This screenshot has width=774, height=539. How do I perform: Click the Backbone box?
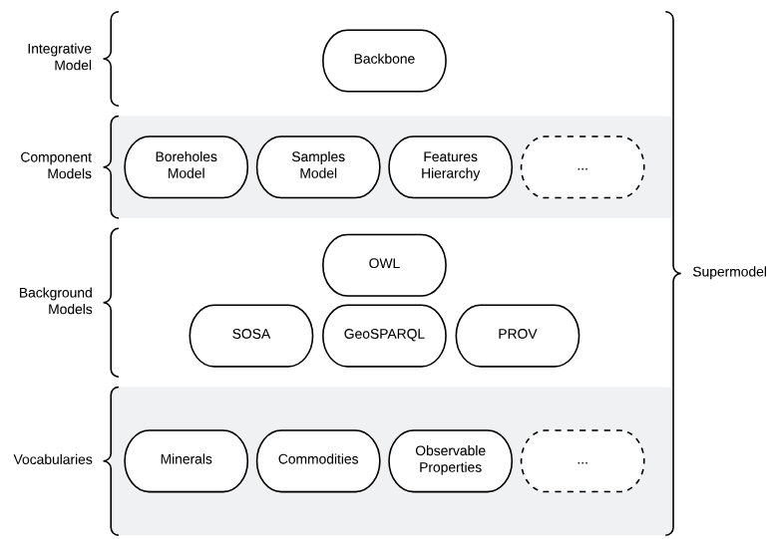point(384,59)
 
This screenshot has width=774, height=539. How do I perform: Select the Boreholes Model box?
point(186,165)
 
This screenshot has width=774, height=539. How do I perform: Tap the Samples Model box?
point(317,165)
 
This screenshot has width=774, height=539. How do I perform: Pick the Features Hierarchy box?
point(450,165)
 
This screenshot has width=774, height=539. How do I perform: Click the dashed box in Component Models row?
point(582,165)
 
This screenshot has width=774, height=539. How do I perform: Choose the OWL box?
point(384,265)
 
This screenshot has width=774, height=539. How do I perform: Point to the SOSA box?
point(251,334)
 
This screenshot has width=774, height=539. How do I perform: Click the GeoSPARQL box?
point(384,334)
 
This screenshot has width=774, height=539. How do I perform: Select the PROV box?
point(517,334)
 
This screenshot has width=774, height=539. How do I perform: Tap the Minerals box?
point(186,460)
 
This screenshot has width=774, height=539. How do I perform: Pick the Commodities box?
point(317,460)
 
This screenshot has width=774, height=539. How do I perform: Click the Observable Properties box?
point(450,460)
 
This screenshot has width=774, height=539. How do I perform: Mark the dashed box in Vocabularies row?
point(582,460)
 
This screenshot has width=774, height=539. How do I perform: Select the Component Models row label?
point(56,165)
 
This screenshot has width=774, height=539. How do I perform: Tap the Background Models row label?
point(56,301)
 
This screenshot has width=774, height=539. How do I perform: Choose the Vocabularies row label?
point(53,460)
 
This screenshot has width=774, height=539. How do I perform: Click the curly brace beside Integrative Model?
point(111,59)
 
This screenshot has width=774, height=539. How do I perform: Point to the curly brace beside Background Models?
point(111,301)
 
